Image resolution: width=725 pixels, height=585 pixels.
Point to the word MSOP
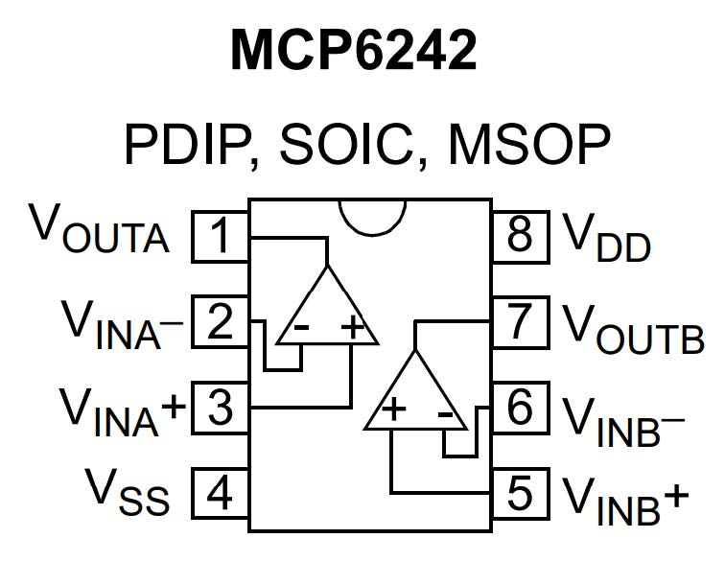[528, 146]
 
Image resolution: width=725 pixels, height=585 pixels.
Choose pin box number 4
[222, 495]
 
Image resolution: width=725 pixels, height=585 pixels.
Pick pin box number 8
[520, 236]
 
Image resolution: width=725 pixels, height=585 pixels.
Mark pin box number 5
[520, 495]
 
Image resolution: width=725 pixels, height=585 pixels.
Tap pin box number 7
[520, 322]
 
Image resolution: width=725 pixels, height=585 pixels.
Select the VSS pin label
[129, 493]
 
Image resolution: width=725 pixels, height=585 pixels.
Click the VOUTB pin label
[633, 326]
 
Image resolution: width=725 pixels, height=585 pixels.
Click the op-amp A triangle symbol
[327, 312]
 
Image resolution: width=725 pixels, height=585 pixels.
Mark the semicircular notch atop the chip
[371, 216]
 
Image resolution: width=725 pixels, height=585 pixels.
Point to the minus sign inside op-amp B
[445, 412]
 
